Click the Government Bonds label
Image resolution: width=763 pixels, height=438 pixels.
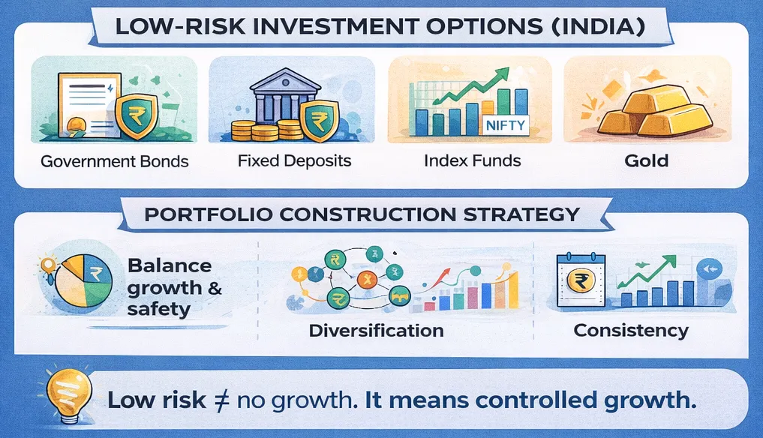point(114,161)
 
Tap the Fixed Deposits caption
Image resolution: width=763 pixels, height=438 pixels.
point(294,160)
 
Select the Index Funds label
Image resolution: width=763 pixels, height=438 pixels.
point(472,160)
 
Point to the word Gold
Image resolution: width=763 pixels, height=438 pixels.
point(646,160)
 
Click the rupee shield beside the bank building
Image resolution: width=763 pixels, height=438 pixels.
point(319,121)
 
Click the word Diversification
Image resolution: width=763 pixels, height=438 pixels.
point(376,331)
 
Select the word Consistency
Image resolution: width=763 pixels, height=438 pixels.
point(631,330)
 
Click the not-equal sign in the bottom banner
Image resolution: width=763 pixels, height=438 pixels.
point(221,400)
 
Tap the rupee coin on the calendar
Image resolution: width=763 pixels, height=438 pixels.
point(581,280)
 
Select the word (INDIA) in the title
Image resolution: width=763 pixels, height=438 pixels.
point(599,25)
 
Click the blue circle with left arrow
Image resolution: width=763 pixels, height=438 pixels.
point(710,268)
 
